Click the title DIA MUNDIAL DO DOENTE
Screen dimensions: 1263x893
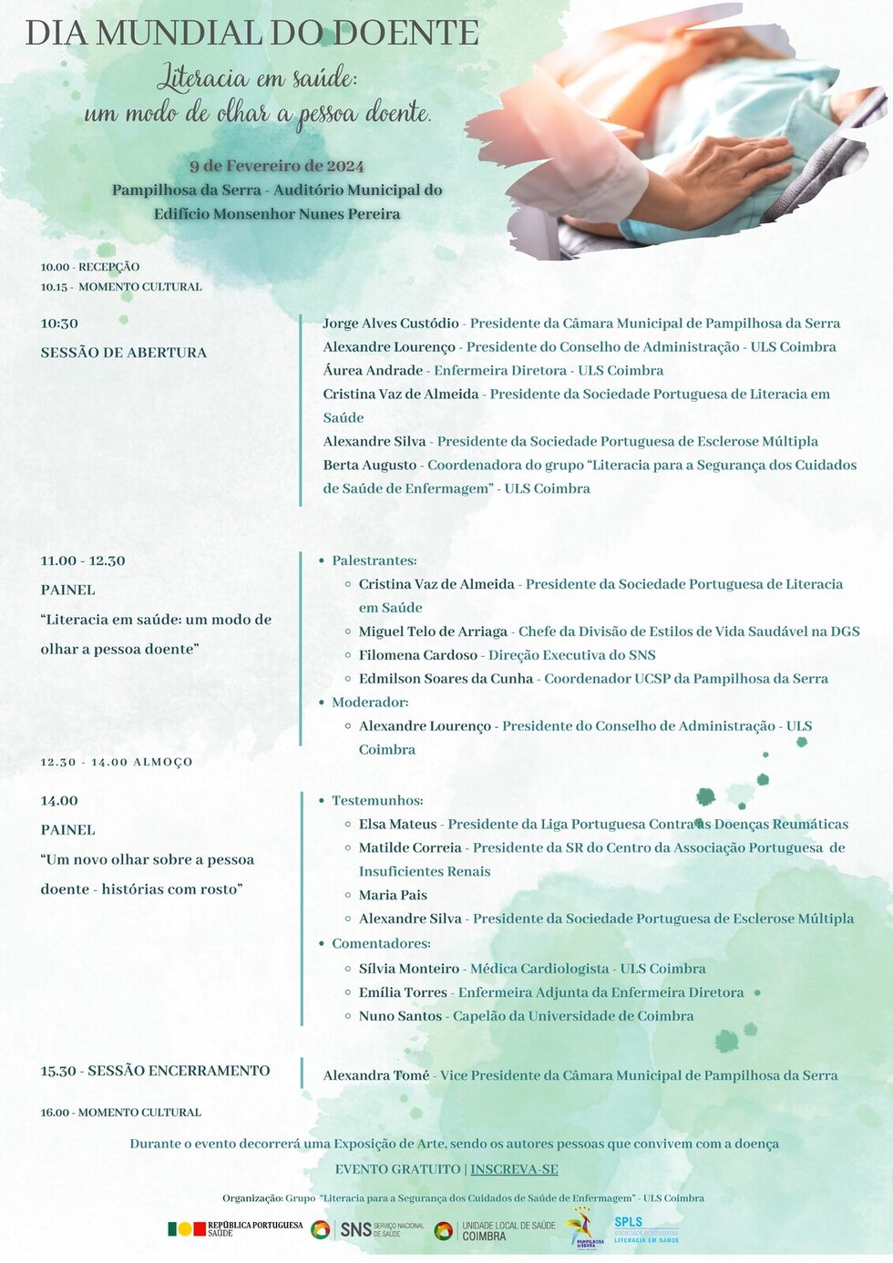(x=251, y=33)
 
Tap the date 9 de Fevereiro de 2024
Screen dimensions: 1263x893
(x=277, y=166)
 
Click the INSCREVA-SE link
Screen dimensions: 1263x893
(x=514, y=1169)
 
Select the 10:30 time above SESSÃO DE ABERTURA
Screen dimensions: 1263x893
(x=59, y=323)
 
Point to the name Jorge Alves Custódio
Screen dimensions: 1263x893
(x=391, y=323)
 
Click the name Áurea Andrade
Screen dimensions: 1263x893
(x=373, y=371)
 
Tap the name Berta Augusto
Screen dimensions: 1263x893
(x=369, y=465)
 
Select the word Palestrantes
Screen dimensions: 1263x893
(x=374, y=560)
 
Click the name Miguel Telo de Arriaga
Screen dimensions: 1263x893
(x=433, y=631)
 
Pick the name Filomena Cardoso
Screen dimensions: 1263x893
(x=417, y=655)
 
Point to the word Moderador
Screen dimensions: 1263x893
(x=369, y=703)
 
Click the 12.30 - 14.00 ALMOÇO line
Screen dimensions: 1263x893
(x=117, y=762)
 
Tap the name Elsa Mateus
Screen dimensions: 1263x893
(x=397, y=825)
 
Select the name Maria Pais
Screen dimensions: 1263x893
(x=393, y=895)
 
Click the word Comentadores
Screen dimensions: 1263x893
(x=380, y=943)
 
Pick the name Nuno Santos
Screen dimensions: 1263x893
(x=400, y=1016)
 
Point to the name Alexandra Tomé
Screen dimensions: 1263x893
(x=375, y=1075)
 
